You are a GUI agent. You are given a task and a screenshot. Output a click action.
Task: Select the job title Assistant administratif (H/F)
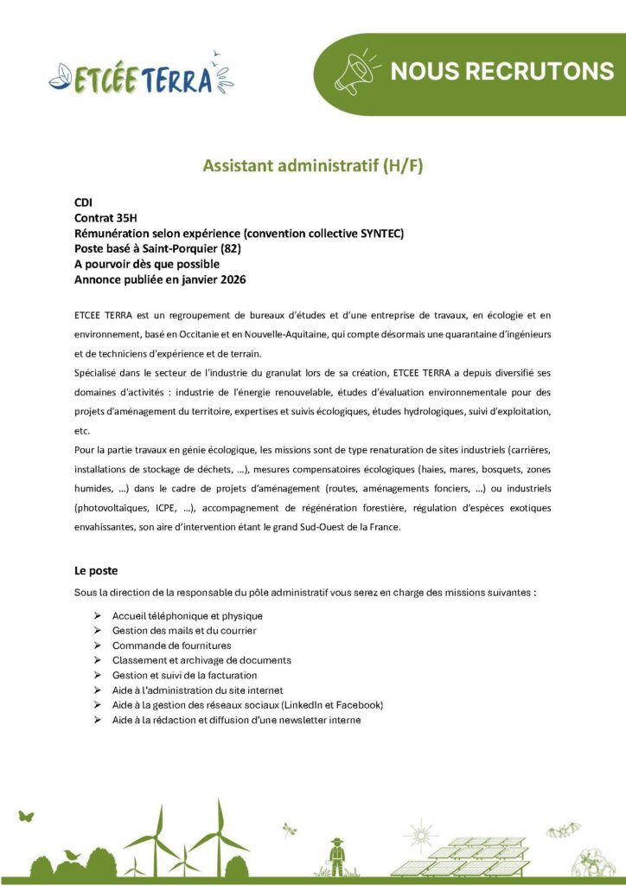(313, 165)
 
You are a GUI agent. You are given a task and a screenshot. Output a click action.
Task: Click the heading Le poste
(96, 571)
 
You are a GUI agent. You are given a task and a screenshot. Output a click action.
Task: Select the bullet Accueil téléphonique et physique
(187, 615)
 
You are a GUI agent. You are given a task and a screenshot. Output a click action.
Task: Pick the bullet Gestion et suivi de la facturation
(184, 675)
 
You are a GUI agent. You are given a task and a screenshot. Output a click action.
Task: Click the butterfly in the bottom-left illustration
(28, 815)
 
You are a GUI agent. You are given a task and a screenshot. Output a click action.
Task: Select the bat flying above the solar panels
(562, 831)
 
